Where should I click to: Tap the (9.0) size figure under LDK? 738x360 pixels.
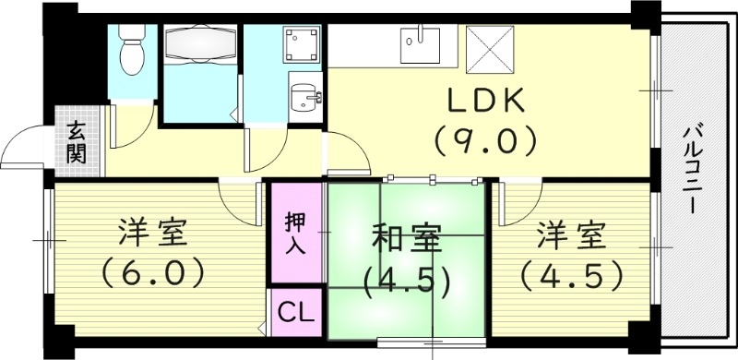(485, 141)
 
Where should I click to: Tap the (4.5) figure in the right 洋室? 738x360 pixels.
(570, 274)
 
